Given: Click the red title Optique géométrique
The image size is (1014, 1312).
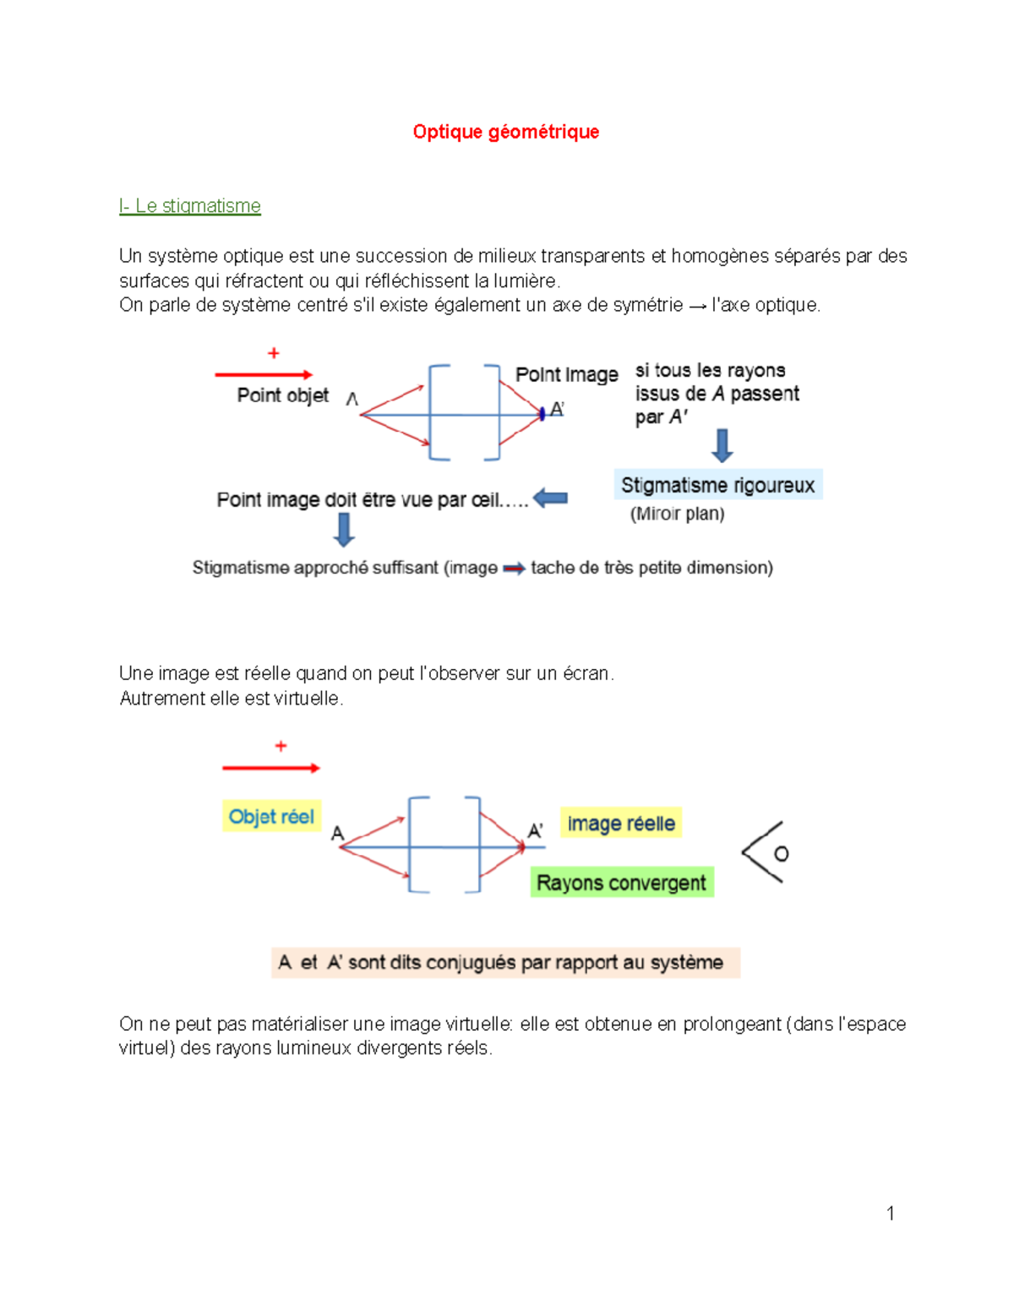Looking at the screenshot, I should coord(505,132).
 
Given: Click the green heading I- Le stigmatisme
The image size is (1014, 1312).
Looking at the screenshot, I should coord(190,206).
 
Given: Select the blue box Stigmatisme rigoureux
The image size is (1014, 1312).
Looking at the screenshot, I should coord(717,485).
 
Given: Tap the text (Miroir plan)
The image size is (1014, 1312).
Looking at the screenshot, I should coord(677,514).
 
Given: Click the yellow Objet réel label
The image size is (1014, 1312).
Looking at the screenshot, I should coord(271,817).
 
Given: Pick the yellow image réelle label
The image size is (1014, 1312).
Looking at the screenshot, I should coord(621,824).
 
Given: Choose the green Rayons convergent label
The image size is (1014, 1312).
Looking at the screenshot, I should coord(621,883).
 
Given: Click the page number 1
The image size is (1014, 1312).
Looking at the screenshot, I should coord(890,1214).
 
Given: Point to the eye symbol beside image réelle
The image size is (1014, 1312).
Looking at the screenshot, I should coord(766,852).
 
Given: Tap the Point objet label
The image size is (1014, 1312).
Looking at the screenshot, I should coord(282,395).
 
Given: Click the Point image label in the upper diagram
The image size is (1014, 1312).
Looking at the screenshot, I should coord(566,374).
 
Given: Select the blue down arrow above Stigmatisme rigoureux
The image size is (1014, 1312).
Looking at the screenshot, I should coord(722,445).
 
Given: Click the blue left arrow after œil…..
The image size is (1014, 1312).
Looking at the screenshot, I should coord(550,498).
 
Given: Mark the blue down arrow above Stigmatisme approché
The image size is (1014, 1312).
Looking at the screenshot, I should coord(343,530).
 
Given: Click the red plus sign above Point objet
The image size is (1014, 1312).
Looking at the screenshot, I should coord(273,353).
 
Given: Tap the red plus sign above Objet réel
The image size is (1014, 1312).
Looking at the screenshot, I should coord(281,746).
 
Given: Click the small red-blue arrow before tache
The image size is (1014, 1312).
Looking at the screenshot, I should coord(514,569).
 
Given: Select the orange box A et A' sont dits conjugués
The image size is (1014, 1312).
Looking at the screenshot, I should coord(505,962).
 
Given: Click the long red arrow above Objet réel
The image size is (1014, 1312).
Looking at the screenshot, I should coord(270,768).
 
